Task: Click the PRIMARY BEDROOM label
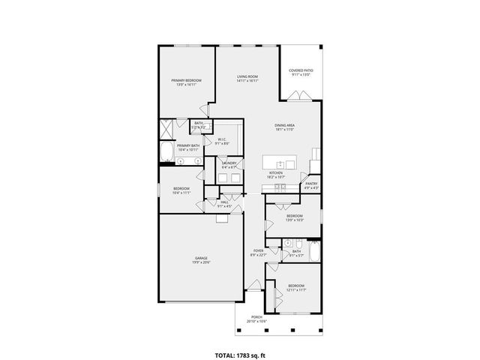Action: click(186, 80)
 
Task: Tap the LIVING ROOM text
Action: click(247, 76)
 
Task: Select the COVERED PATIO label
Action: click(301, 70)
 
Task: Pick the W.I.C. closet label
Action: click(223, 139)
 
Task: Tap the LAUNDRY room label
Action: click(229, 163)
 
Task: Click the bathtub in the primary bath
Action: click(165, 154)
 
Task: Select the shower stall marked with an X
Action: click(166, 128)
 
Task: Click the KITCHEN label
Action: click(276, 173)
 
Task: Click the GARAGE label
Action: click(202, 258)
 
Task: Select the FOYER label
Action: click(258, 250)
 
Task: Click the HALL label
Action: click(224, 202)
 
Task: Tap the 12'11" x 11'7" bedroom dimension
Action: click(296, 289)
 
